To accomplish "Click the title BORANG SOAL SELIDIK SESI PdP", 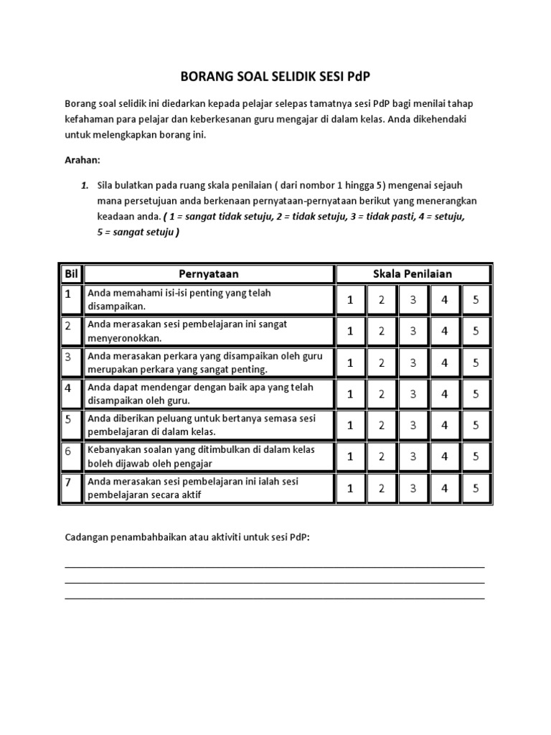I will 275,77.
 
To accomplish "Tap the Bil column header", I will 70,273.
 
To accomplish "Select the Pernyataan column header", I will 209,273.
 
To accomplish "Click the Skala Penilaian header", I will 413,273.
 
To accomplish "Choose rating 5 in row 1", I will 476,300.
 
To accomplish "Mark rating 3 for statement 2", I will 413,331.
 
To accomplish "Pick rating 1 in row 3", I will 350,362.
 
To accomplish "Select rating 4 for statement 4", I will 445,394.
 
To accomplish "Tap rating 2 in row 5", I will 382,425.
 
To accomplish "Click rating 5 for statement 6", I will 476,457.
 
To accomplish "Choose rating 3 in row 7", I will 413,488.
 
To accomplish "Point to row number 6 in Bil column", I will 69,451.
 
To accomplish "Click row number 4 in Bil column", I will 69,388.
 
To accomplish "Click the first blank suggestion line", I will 275,566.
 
